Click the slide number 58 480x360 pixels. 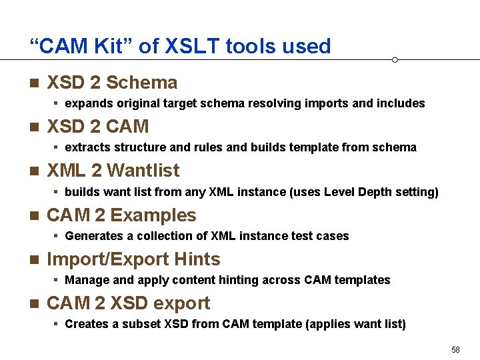pos(455,350)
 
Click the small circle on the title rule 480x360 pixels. pos(395,60)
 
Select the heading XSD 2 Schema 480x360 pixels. pos(112,83)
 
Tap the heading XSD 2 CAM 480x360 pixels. pos(97,127)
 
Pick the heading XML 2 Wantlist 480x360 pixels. pos(113,171)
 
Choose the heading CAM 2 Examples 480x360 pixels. pos(121,215)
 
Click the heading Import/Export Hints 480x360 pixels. pos(133,259)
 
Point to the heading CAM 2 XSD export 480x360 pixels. pos(128,303)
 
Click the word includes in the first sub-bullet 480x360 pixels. pos(401,103)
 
